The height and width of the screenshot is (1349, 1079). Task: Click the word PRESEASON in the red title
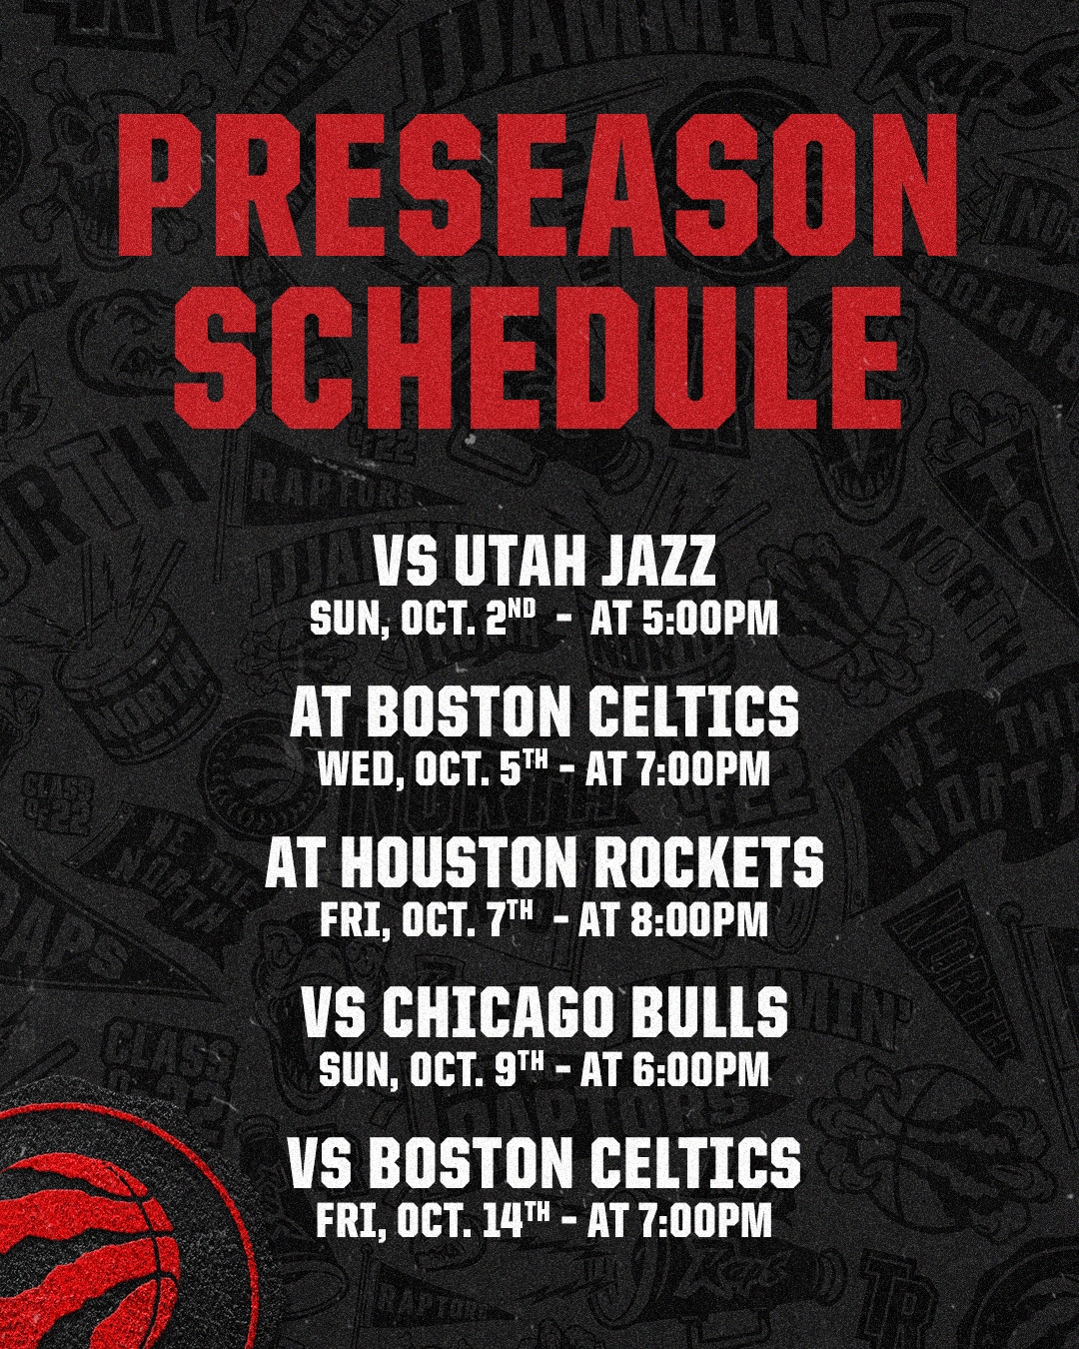click(538, 190)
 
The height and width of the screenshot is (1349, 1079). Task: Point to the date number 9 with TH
click(524, 1069)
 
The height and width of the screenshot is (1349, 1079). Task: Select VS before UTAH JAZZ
click(407, 562)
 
